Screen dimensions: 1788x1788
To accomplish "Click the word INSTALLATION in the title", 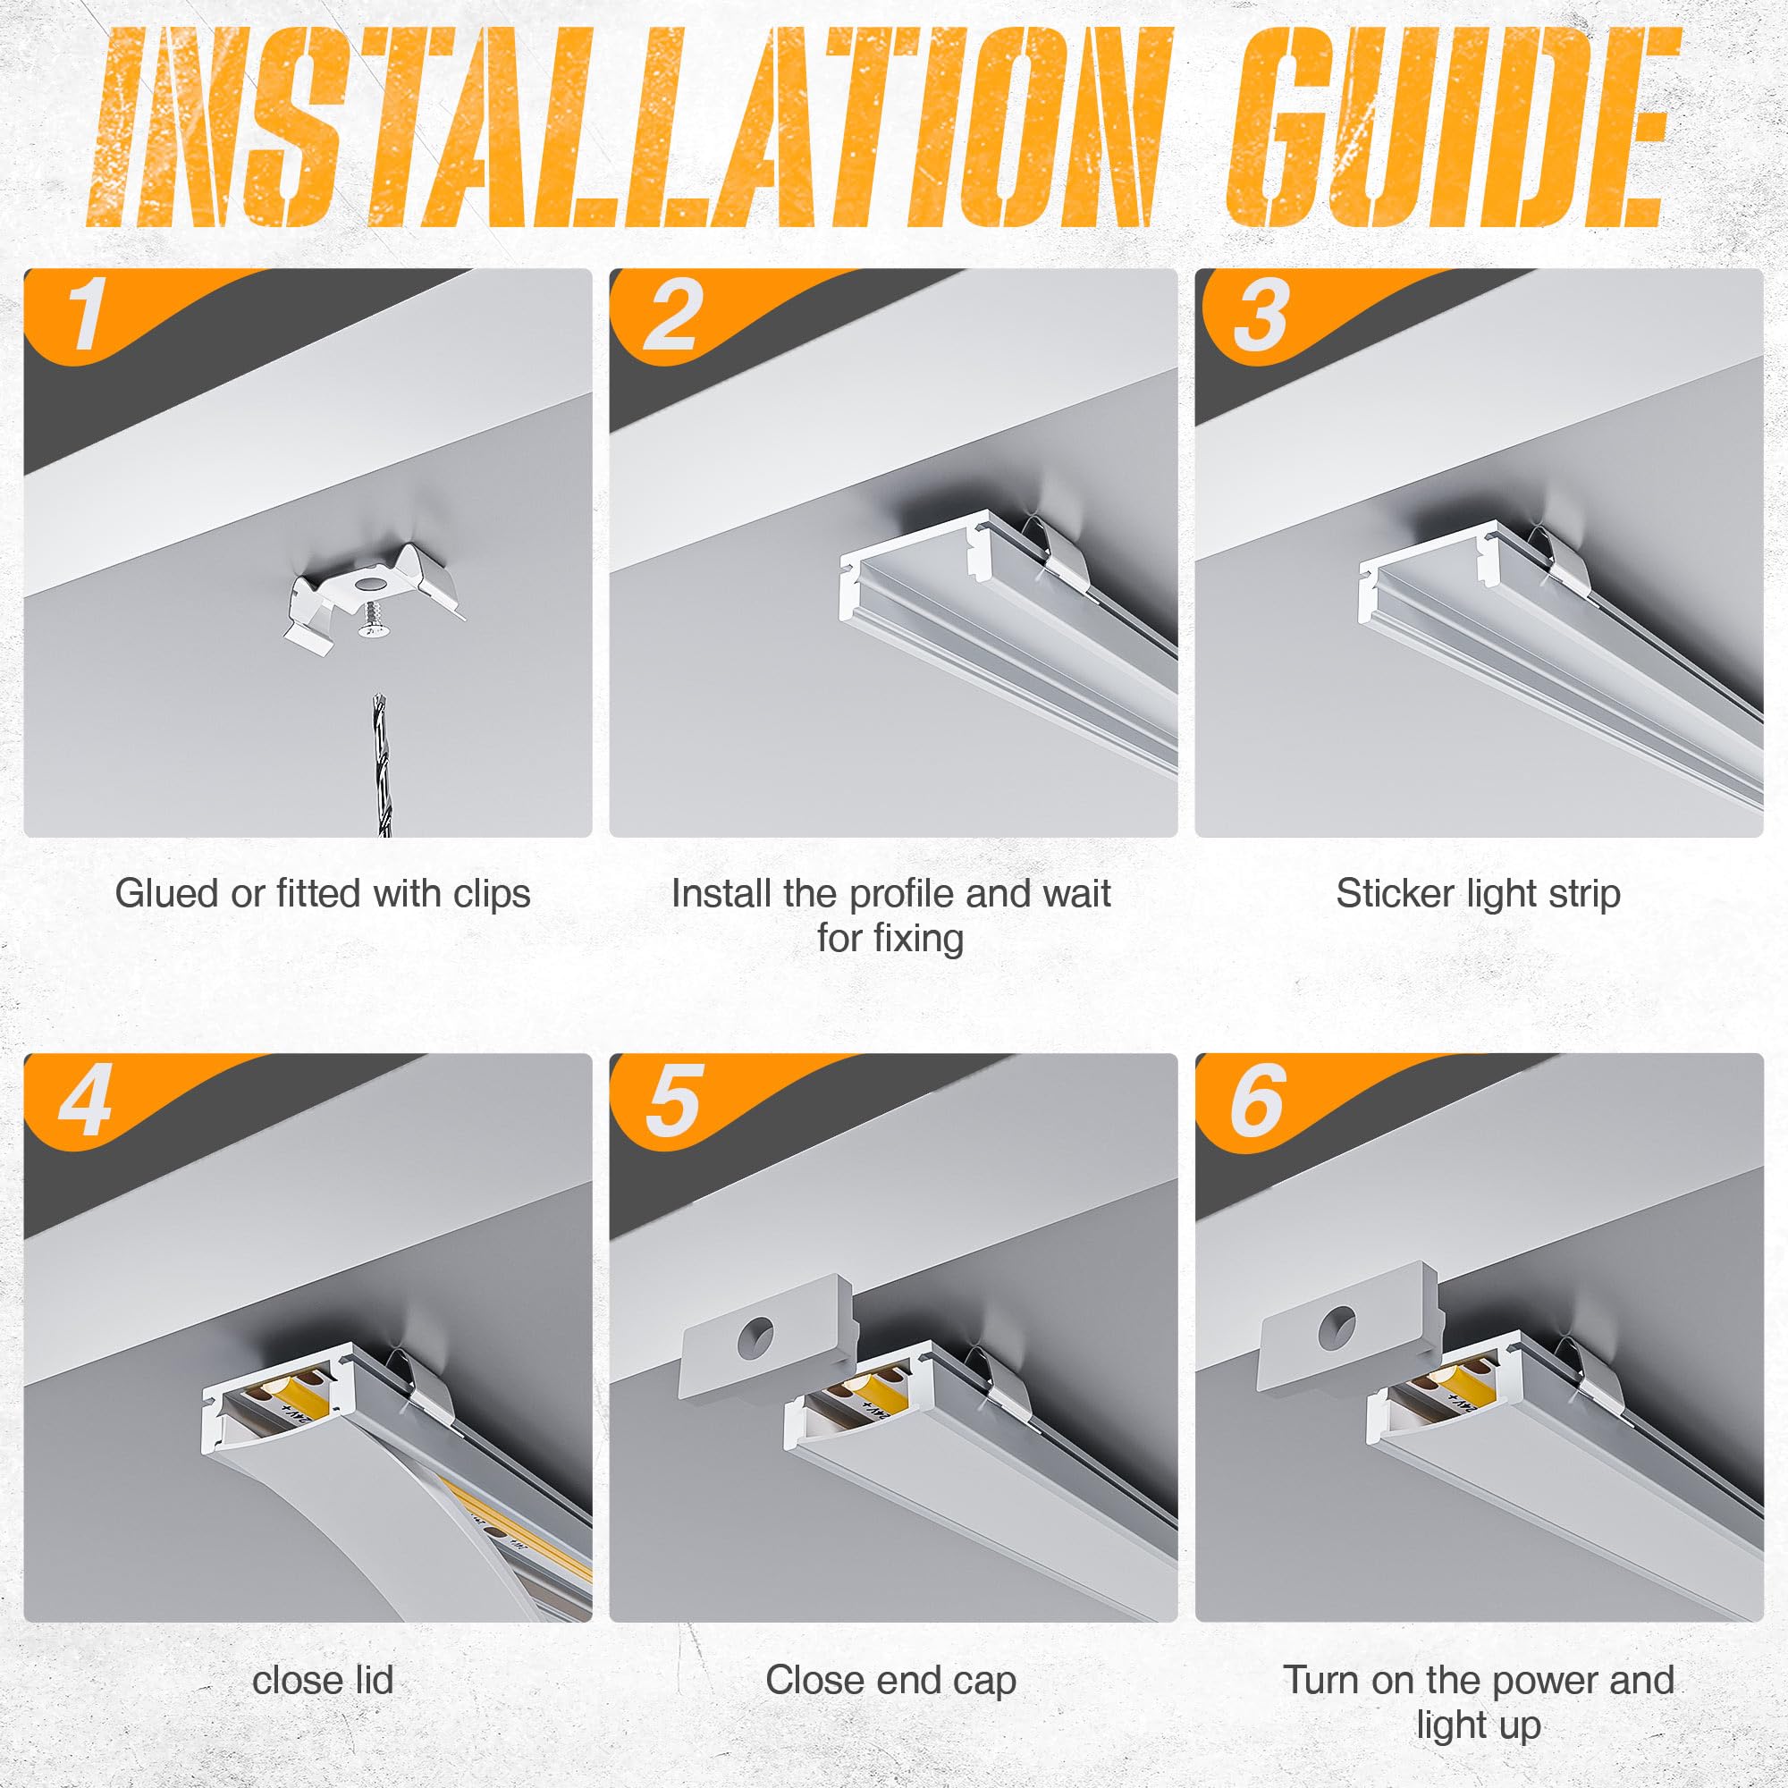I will click(629, 130).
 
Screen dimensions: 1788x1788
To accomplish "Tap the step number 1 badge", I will click(88, 315).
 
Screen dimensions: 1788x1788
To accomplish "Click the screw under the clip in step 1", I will click(373, 620).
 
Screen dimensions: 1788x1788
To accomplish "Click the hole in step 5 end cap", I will click(756, 1335).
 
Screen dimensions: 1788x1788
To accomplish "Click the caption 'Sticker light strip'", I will click(1478, 894).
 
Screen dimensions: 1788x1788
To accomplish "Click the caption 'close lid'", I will click(322, 1680).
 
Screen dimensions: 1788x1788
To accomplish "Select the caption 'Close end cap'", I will click(890, 1680).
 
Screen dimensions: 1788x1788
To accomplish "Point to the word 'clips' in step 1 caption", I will click(492, 894).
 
